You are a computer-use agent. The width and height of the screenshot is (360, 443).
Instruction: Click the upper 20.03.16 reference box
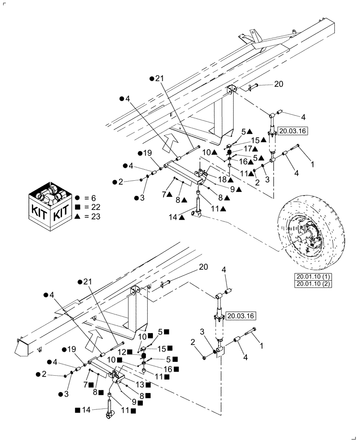pyautogui.click(x=293, y=131)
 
